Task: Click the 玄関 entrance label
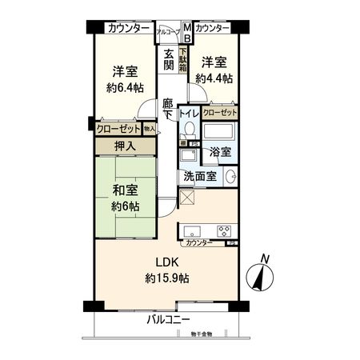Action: (169, 60)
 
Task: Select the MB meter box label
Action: (188, 33)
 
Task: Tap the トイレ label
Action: (188, 114)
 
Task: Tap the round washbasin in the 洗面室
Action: (230, 177)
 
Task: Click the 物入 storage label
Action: (150, 127)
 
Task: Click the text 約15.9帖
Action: (167, 278)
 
